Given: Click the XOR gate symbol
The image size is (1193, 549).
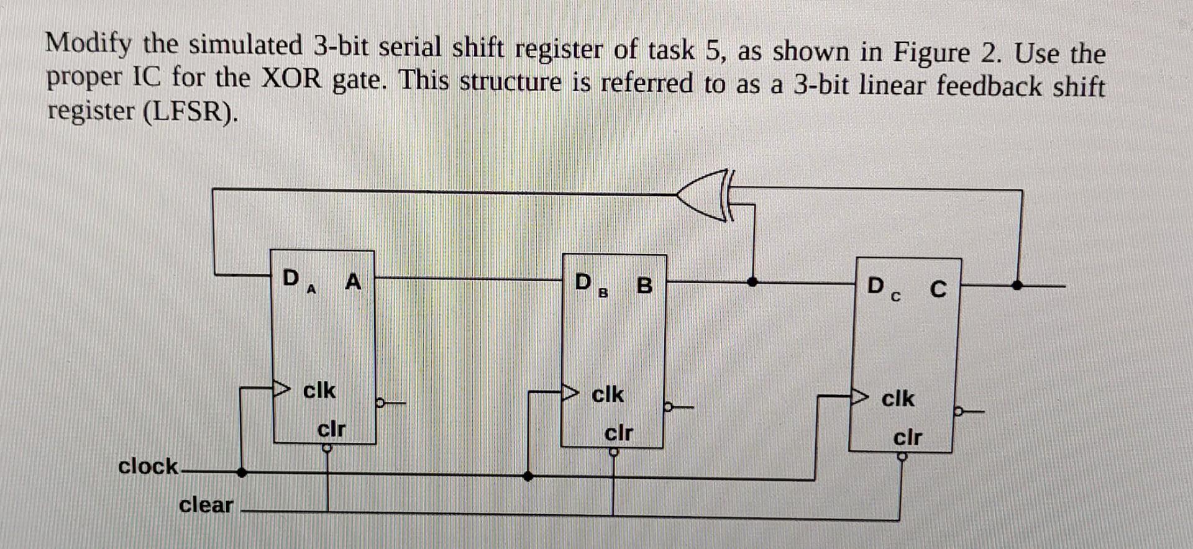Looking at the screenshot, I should click(x=705, y=195).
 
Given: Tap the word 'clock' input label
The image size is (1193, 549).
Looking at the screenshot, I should click(x=148, y=466).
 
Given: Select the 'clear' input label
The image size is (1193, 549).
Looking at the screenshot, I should click(x=206, y=505).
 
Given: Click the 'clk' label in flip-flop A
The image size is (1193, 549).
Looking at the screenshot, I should click(x=319, y=391).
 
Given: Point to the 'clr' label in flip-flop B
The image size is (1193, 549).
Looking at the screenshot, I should click(x=618, y=433).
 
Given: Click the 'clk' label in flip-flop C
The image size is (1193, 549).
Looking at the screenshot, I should click(x=898, y=398).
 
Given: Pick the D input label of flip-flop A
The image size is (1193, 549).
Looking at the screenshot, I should click(x=290, y=278).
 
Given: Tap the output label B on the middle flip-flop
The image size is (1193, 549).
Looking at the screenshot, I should click(x=645, y=286).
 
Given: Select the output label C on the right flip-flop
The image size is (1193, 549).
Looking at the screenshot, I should click(x=938, y=289).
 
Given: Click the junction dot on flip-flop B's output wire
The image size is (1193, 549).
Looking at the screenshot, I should click(x=752, y=282).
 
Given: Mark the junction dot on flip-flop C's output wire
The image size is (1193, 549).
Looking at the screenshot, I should click(x=1017, y=286).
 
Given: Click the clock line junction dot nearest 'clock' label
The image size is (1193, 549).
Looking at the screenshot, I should click(x=242, y=473).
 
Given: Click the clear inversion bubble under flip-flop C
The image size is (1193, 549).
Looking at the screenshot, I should click(x=902, y=457).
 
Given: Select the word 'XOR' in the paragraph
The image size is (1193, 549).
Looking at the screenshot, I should click(x=291, y=79).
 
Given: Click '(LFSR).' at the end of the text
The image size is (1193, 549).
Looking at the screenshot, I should click(x=190, y=112).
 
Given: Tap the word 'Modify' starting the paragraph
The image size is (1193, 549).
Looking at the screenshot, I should click(x=89, y=43).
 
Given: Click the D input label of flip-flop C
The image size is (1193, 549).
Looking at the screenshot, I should click(x=875, y=286).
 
